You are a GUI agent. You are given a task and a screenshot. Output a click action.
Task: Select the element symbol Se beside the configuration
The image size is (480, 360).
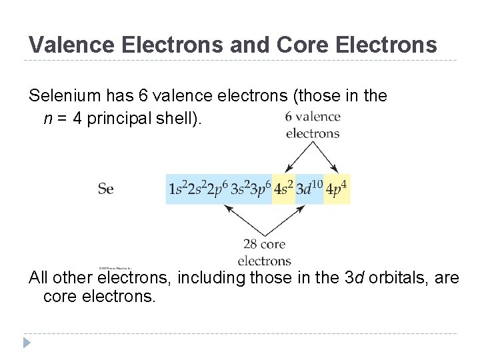pos(105,189)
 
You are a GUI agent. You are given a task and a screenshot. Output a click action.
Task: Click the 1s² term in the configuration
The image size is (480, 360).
pos(177,189)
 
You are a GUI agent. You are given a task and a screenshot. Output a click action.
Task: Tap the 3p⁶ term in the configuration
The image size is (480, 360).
pos(260,189)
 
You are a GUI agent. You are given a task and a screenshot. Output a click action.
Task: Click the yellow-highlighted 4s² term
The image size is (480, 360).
pos(283,189)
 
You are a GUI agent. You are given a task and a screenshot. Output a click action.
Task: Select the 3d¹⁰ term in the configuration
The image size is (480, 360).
pos(309,189)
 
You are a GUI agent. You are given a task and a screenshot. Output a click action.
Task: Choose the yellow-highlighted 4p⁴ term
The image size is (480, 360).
pos(337,189)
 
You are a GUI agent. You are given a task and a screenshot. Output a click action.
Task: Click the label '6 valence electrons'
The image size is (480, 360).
pos(312,125)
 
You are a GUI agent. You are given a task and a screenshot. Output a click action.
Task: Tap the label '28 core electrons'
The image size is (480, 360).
pos(264,252)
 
